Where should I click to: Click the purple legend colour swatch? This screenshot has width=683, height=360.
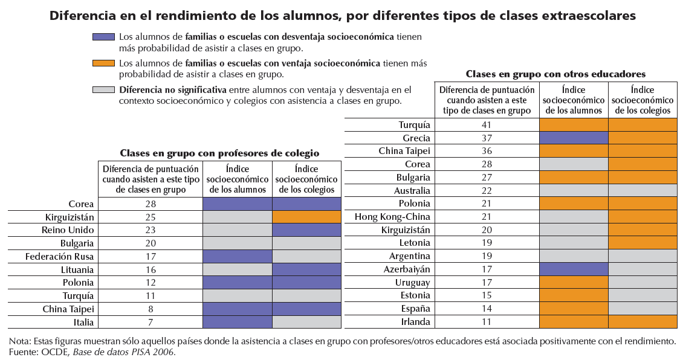pos(104,37)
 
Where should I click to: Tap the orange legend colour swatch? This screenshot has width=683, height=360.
pos(104,63)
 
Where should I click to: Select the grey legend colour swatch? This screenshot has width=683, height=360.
pos(104,89)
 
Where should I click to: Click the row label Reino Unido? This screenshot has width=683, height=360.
pos(70,230)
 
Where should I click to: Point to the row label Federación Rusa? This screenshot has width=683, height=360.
pos(59,256)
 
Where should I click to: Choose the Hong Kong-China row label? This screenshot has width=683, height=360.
pos(392,217)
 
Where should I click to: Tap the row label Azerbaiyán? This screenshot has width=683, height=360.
pos(407,269)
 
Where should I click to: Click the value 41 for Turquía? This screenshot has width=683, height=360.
pos(487,125)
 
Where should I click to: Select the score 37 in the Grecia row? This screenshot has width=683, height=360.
pos(487,138)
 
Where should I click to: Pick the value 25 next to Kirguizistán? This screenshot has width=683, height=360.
pos(151,217)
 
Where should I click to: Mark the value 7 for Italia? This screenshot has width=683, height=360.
pos(151,321)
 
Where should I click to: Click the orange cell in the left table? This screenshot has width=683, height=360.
pos(306,217)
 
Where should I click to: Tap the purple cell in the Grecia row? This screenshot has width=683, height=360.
pos(573,138)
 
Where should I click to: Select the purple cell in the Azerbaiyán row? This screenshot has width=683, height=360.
pos(573,269)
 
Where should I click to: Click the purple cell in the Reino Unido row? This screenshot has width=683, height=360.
pos(306,230)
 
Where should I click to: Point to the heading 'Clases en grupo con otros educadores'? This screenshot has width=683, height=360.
pos(555,74)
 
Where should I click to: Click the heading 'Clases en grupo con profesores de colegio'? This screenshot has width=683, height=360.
pos(219,153)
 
